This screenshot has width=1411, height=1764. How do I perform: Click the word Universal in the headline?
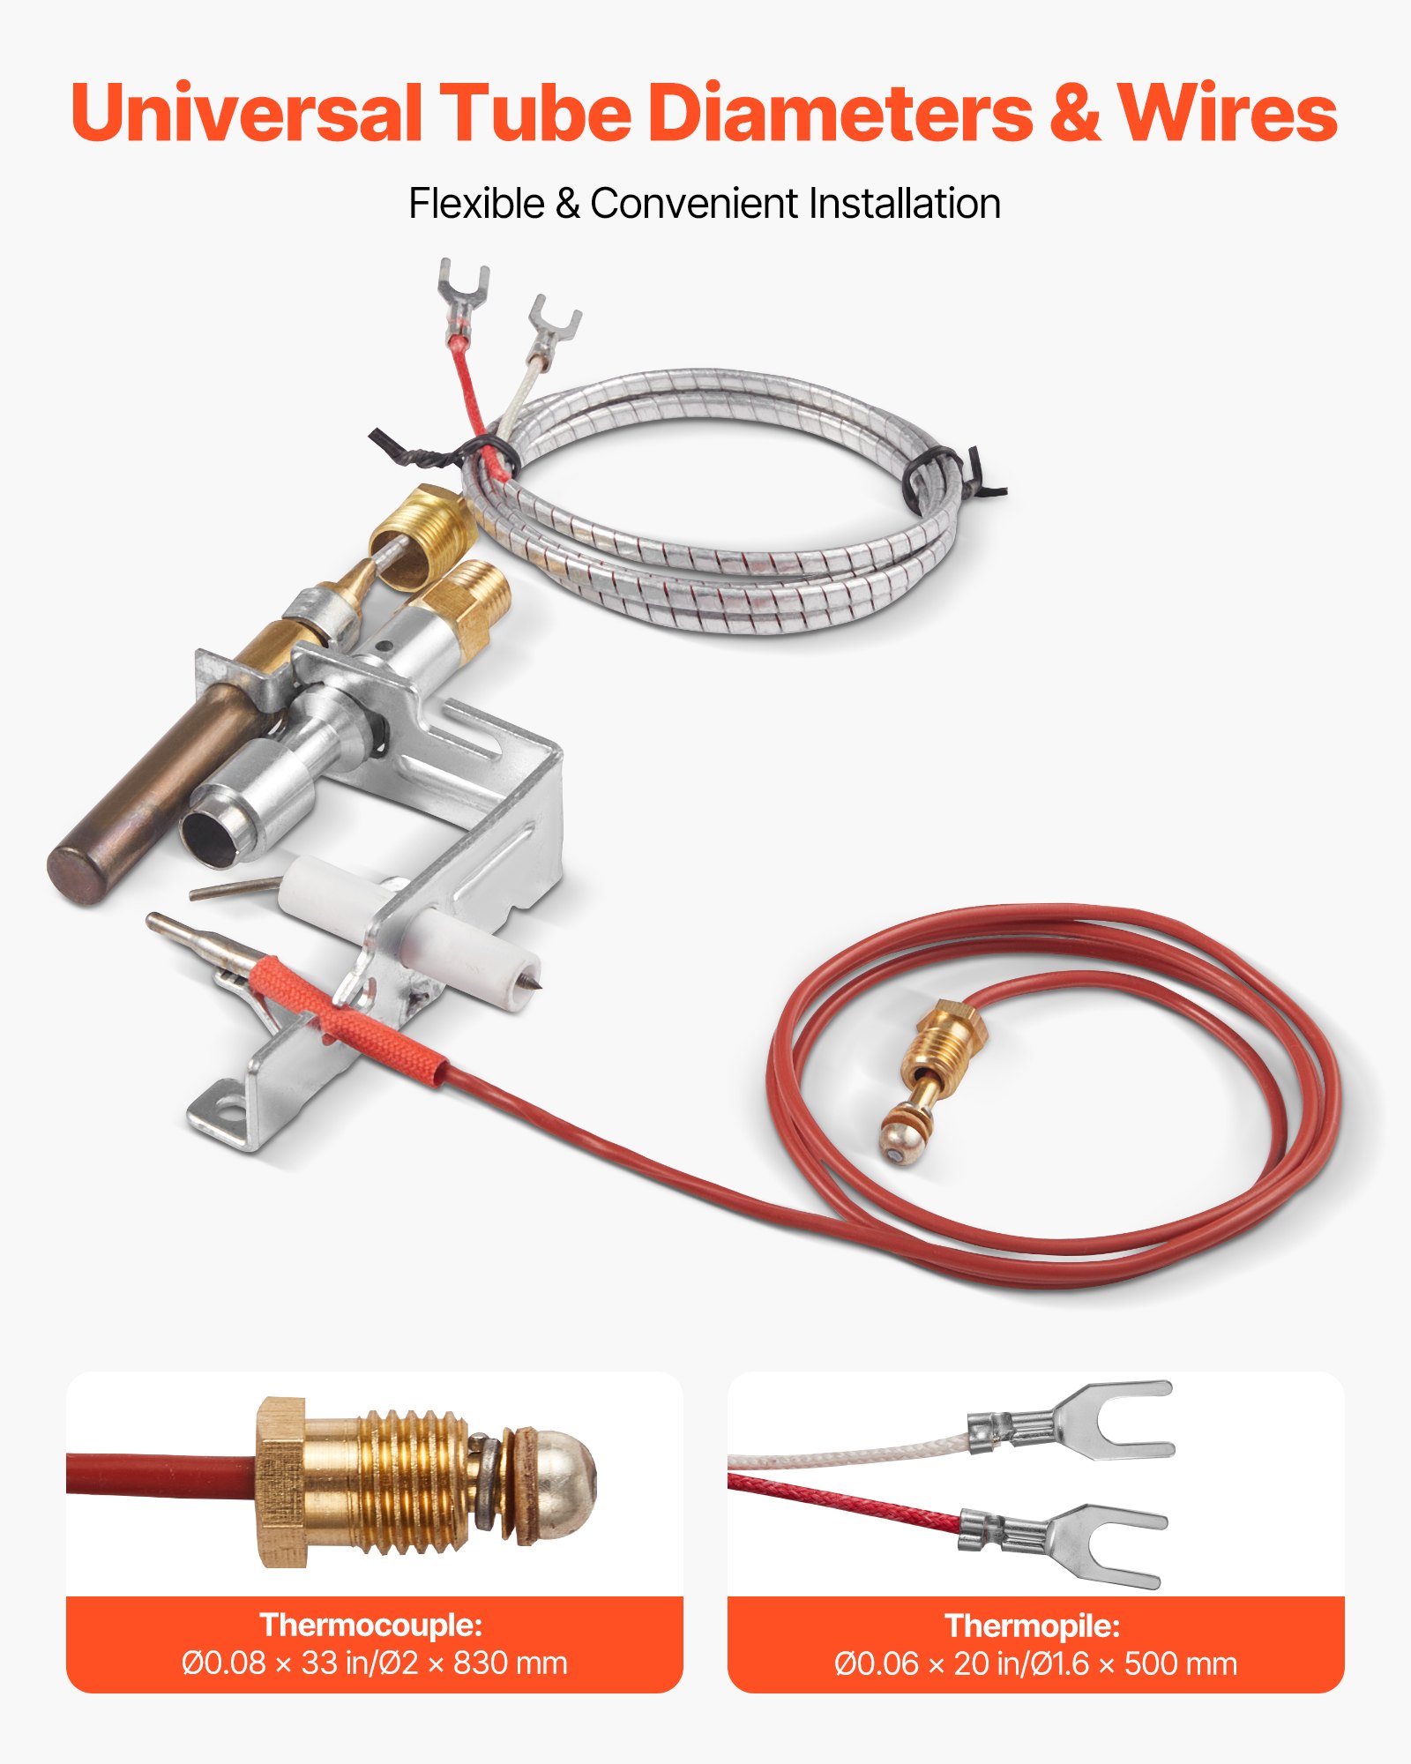pos(246,113)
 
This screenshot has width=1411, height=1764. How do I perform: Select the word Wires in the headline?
pos(1228,113)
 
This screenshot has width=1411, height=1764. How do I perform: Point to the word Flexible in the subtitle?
pos(477,204)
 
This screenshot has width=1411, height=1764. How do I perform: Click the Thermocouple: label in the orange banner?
pos(371,1624)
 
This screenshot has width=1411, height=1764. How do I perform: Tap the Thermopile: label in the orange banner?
pos(1033,1625)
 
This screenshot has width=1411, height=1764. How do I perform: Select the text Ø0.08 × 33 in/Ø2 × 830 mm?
pos(375,1663)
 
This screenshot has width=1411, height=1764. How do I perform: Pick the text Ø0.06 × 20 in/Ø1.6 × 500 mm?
pos(1036,1663)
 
